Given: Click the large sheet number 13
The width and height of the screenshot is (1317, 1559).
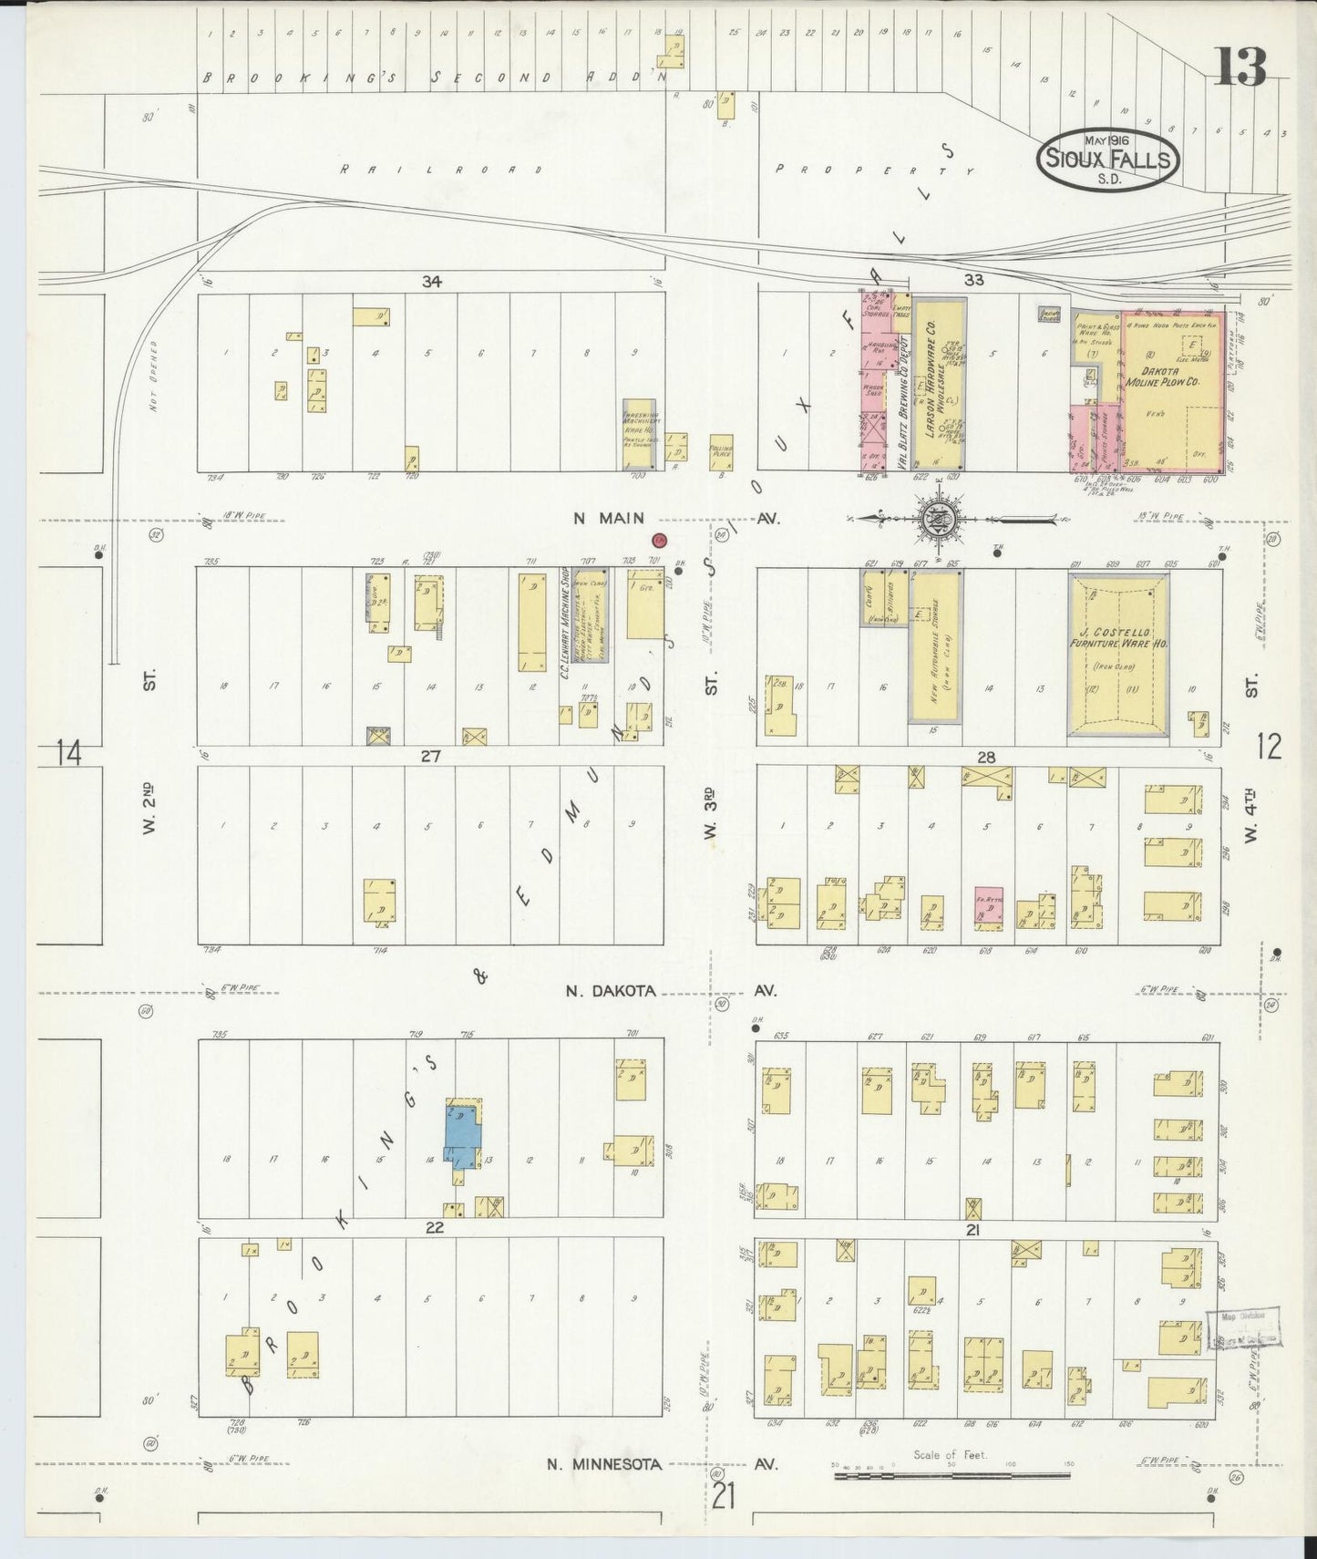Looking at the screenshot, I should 1240,66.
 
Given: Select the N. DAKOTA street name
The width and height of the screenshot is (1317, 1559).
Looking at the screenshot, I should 610,991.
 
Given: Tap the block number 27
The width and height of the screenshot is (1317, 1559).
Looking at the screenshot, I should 430,756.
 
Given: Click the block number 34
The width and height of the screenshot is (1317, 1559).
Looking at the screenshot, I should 431,282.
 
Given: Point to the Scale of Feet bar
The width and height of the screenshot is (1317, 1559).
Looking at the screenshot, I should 952,1473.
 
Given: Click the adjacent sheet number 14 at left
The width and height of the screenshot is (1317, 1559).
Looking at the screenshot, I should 68,753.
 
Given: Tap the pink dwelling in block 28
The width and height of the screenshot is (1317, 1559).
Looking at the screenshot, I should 989,905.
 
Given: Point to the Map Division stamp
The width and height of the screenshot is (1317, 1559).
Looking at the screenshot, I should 1242,1324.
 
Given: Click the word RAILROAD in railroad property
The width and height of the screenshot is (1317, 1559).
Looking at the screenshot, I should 441,170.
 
